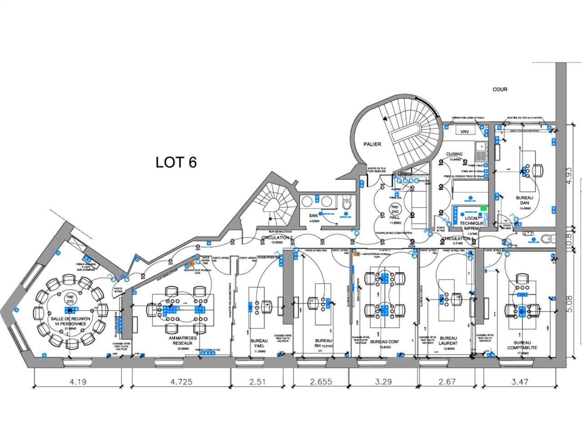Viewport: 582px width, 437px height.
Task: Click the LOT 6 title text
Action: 176,162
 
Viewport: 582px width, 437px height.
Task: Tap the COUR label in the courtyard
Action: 500,90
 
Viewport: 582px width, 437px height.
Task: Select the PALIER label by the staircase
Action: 371,144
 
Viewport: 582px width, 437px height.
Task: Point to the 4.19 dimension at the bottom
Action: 78,381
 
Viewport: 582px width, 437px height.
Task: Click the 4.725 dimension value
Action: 181,381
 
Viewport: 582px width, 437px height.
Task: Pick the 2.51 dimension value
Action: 257,381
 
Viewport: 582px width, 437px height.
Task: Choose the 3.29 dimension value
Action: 383,381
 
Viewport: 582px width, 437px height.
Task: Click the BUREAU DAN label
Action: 525,200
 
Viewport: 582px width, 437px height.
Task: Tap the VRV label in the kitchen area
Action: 464,132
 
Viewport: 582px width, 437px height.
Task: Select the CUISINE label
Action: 454,154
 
